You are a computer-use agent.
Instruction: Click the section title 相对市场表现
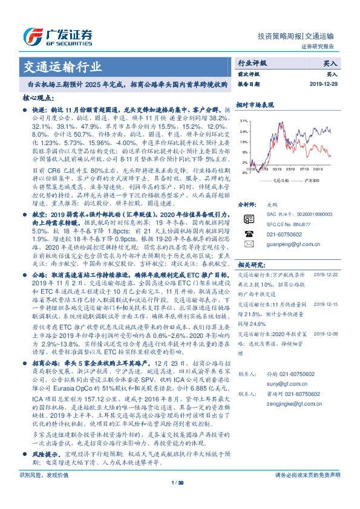[x=255, y=105]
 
